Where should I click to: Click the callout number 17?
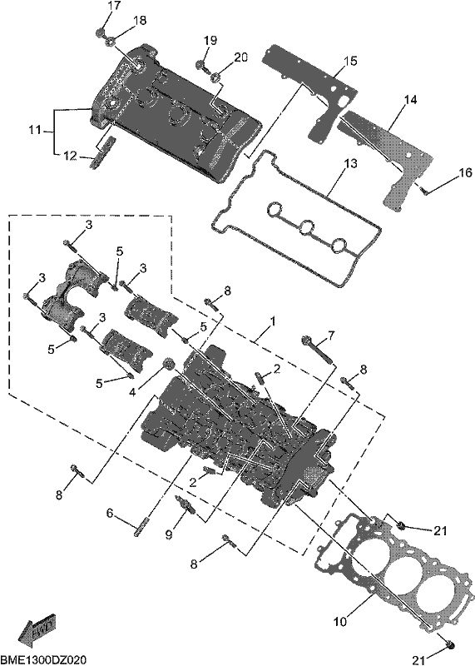coord(114,6)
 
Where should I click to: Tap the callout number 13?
coord(350,163)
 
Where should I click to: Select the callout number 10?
coord(340,622)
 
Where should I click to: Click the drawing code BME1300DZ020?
coord(43,659)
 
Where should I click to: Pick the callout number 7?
coord(331,335)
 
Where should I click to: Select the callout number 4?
coord(132,393)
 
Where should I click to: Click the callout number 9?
coord(169,534)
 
